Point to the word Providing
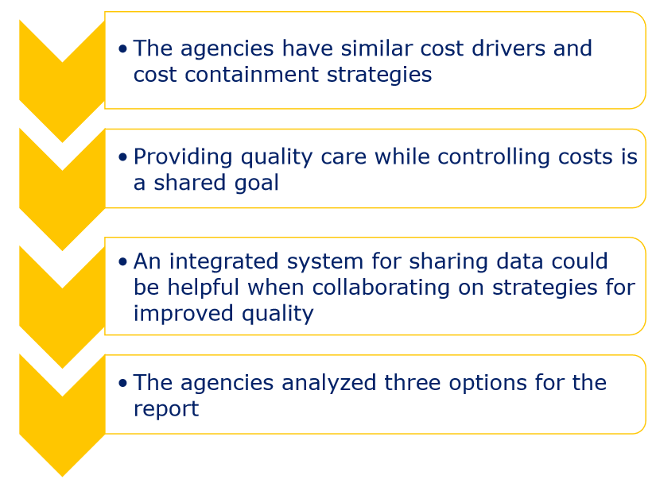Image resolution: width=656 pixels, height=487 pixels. pos(183,158)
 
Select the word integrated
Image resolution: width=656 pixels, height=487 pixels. pos(223,262)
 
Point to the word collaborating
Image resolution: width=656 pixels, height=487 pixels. pos(381,288)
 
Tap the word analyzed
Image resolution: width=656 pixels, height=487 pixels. pos(329,384)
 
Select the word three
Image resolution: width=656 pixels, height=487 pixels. pos(412,382)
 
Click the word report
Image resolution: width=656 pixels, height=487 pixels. pos(166,410)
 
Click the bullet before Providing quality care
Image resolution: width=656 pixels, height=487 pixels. pos(122,157)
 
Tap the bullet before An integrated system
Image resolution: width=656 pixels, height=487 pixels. pos(122,261)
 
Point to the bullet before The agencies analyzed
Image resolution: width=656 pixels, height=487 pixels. pos(122,383)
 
